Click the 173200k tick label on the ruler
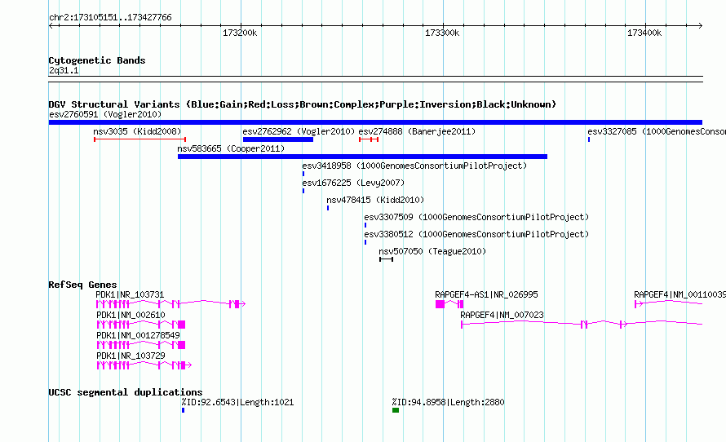240,33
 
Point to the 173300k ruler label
442,33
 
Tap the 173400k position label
644,33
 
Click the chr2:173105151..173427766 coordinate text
110,18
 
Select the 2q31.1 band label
64,70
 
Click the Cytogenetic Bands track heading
97,60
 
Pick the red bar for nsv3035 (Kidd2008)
139,139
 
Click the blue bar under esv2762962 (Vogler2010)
278,139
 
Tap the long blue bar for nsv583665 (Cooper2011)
362,157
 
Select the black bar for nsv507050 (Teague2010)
386,259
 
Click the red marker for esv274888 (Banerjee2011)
369,139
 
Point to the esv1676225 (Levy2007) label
353,183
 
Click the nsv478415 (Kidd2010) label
375,200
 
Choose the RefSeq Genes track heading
82,285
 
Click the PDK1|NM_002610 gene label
131,315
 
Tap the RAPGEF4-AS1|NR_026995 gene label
486,295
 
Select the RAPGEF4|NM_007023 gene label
502,315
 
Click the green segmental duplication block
396,410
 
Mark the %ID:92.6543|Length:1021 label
237,402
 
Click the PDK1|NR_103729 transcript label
131,356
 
